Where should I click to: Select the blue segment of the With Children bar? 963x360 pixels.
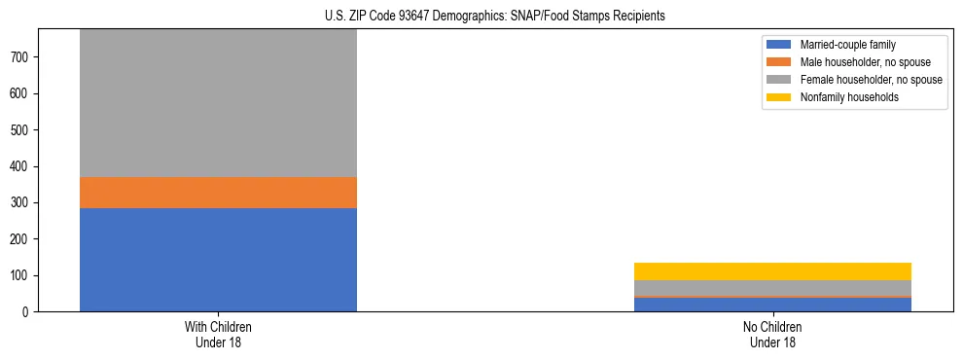218,260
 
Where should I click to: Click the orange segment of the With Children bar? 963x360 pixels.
218,193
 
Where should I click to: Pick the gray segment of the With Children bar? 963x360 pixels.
218,103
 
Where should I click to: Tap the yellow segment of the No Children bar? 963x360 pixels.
772,271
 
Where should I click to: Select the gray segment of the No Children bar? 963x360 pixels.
772,288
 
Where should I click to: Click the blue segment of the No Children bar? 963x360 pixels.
772,305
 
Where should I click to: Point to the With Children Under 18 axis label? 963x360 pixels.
218,335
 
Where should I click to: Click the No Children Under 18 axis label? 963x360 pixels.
772,335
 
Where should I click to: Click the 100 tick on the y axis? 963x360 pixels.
22,275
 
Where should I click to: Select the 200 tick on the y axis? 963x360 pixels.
22,239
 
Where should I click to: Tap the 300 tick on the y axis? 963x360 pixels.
22,203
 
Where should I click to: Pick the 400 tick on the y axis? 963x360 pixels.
22,166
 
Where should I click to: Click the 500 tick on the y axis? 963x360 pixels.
22,130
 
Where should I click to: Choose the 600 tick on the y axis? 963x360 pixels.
22,94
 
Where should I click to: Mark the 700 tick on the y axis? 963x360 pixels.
22,57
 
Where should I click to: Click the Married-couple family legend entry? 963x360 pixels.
847,45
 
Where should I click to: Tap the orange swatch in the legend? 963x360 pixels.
779,62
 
